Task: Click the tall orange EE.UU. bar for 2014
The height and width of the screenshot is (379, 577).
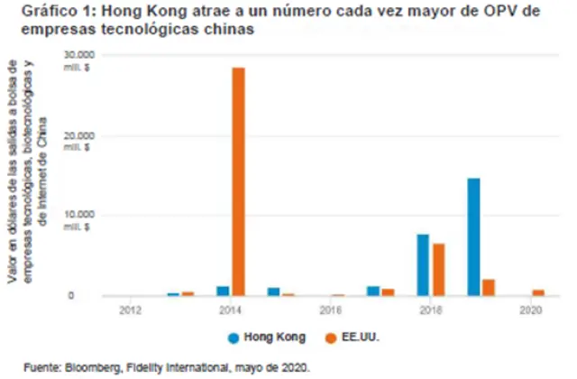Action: pos(238,180)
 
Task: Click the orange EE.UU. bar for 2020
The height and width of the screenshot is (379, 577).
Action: pos(539,292)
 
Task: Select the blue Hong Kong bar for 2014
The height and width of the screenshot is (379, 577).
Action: pos(223,291)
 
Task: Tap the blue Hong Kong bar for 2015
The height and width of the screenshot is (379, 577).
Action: pos(273,291)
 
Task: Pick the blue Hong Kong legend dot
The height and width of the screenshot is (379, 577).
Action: pos(234,337)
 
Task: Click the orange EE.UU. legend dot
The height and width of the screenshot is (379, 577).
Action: pos(333,337)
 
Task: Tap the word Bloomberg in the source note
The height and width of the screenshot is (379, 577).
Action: pos(78,369)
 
